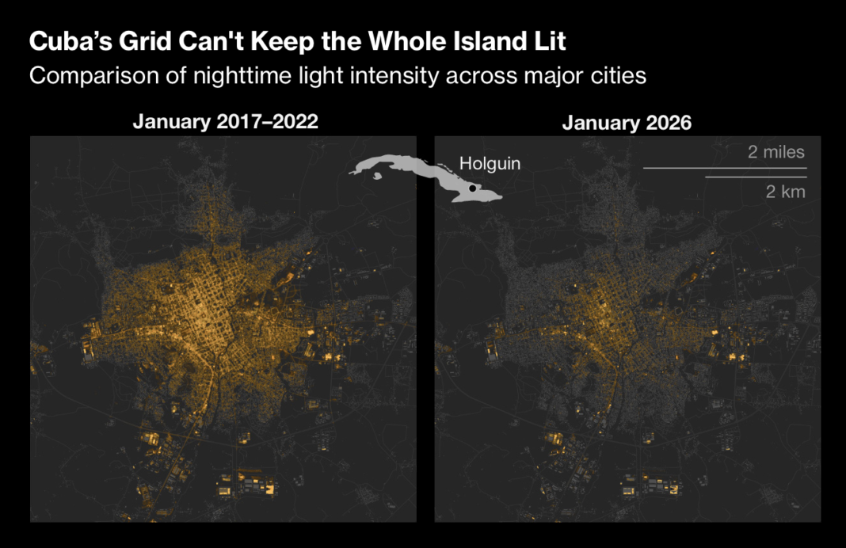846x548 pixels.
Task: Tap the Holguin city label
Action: pos(490,164)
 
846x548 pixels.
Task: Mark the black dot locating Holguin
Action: pos(472,188)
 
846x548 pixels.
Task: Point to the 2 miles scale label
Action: pos(775,152)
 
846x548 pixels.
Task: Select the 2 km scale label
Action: pos(786,191)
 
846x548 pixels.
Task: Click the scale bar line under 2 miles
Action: pos(724,168)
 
